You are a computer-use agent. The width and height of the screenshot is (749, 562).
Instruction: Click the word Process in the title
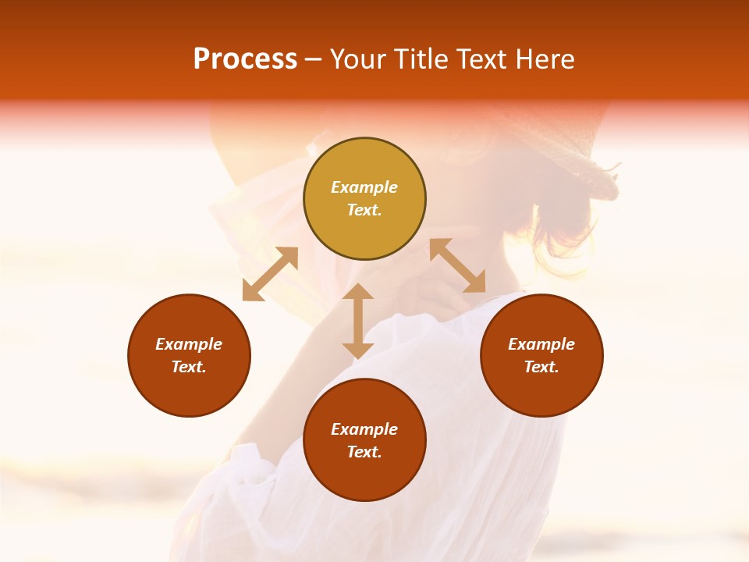click(245, 59)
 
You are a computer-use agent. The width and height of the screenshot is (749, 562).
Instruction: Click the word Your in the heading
click(359, 59)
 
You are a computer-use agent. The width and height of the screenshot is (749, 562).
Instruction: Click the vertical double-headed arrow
click(358, 321)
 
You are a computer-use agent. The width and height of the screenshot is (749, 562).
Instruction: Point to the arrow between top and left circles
click(270, 273)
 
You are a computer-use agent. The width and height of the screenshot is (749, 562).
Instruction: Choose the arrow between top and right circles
click(457, 265)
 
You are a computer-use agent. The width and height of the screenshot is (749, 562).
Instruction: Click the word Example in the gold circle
click(364, 187)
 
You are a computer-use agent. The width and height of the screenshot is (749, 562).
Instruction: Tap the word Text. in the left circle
click(189, 367)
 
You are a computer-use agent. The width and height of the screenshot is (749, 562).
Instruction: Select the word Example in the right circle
click(541, 344)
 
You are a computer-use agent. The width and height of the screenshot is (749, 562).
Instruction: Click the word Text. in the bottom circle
click(364, 452)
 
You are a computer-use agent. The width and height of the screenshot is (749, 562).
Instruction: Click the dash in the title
click(313, 59)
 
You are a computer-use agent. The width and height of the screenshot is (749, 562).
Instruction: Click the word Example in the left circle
click(189, 344)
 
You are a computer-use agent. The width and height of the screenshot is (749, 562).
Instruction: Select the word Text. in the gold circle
click(364, 210)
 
